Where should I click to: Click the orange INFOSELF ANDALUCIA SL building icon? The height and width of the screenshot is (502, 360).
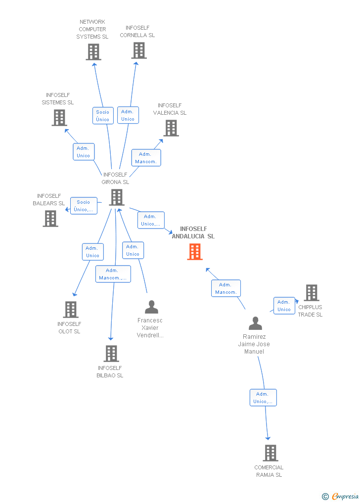point(195,252)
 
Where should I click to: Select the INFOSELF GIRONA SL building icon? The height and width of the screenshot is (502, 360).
point(117,197)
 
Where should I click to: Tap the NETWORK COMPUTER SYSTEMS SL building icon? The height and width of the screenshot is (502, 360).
point(93,52)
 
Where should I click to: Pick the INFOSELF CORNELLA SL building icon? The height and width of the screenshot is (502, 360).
point(139,50)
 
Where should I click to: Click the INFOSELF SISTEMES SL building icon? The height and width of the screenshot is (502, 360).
point(59,118)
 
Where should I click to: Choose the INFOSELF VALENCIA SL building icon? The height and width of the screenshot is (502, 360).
point(171,128)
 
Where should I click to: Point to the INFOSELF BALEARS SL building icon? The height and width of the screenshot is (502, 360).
point(50,219)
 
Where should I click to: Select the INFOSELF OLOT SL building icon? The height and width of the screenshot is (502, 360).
point(71,310)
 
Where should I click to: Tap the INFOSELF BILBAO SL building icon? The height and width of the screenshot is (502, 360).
point(111,354)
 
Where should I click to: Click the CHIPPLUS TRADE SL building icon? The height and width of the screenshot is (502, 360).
point(312,293)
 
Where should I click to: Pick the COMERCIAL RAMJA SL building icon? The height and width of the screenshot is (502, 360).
point(270,453)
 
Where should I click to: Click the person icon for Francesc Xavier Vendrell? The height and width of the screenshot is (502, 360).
point(151,307)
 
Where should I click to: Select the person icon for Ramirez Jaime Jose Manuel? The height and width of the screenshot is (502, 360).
point(255,323)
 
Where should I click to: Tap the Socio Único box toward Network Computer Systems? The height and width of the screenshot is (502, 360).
point(103,116)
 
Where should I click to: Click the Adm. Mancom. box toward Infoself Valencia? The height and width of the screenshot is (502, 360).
point(146,158)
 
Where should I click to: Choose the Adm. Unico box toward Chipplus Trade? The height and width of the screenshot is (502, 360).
point(284,306)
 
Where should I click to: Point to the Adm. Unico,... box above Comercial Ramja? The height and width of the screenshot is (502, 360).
point(263,398)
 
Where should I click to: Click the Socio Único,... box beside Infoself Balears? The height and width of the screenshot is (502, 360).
point(84,206)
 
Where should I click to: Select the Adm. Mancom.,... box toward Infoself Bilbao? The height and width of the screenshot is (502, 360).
point(113,274)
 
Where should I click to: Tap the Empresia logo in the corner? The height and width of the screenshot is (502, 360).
point(341,496)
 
